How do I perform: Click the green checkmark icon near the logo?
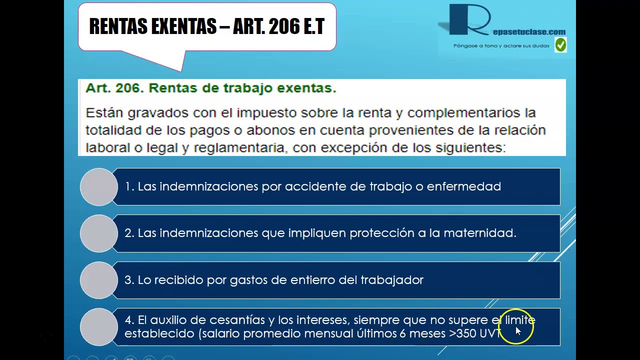click(560, 45)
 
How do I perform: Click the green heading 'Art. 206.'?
click(114, 88)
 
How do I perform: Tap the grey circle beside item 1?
click(98, 187)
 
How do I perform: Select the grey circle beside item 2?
click(98, 233)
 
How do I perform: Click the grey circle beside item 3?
click(98, 280)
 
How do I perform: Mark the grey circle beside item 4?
click(98, 326)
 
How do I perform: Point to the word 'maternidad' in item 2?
click(479, 233)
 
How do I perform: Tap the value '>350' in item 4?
click(462, 333)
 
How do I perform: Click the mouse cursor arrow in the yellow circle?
click(517, 330)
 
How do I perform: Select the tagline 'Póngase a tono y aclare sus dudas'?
click(501, 45)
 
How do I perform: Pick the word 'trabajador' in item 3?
click(391, 280)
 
